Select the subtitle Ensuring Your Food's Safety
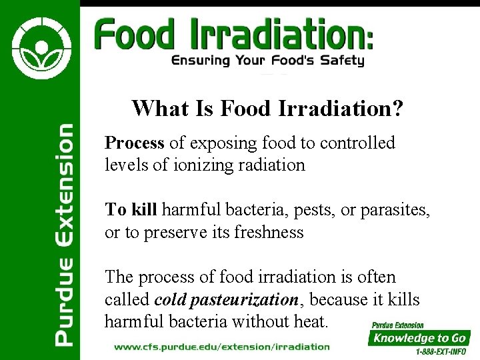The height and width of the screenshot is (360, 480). click(x=267, y=61)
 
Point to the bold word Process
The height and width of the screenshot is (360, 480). click(x=134, y=143)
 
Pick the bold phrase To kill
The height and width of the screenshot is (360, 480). click(x=131, y=210)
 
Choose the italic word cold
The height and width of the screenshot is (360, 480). click(x=170, y=300)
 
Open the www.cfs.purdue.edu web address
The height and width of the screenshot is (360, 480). click(x=222, y=347)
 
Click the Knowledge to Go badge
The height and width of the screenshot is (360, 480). click(x=420, y=338)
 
